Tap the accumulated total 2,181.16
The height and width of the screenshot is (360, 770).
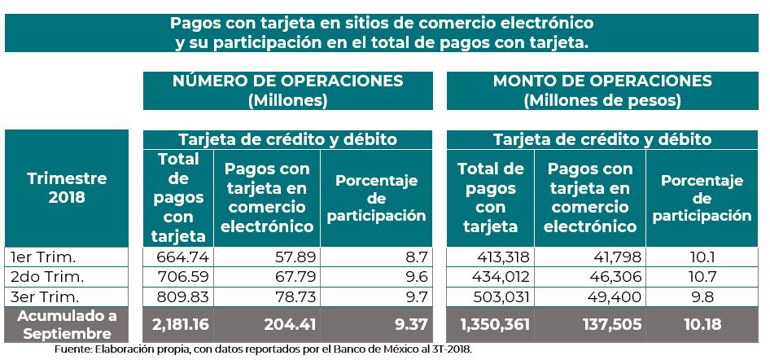[181, 324]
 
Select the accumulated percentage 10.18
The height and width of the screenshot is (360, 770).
[702, 324]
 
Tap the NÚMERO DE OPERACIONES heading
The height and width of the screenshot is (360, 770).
[287, 90]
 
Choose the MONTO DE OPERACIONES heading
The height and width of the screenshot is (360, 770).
[602, 90]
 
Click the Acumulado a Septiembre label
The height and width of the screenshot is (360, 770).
[67, 324]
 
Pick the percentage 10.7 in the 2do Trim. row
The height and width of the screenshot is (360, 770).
[702, 277]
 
